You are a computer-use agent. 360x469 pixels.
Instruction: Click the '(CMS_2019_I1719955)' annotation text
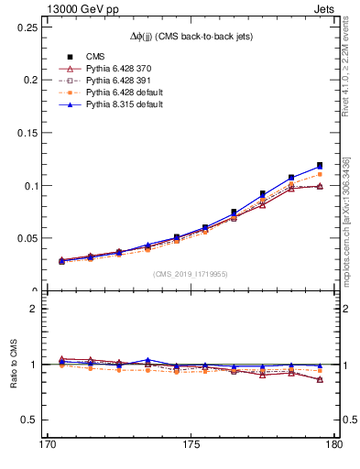(x=190, y=273)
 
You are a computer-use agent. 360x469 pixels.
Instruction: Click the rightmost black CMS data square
(x=320, y=166)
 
